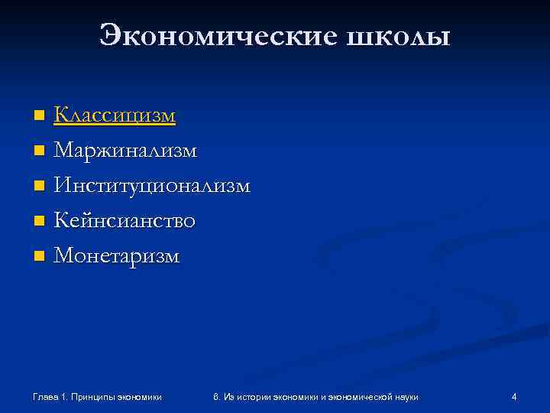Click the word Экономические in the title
pyautogui.click(x=215, y=36)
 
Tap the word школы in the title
pyautogui.click(x=396, y=36)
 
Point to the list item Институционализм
pyautogui.click(x=151, y=185)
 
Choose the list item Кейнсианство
pyautogui.click(x=125, y=220)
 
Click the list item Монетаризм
pyautogui.click(x=117, y=255)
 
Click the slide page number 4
pyautogui.click(x=514, y=396)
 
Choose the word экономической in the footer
pyautogui.click(x=357, y=396)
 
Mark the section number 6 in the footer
pyautogui.click(x=217, y=396)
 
